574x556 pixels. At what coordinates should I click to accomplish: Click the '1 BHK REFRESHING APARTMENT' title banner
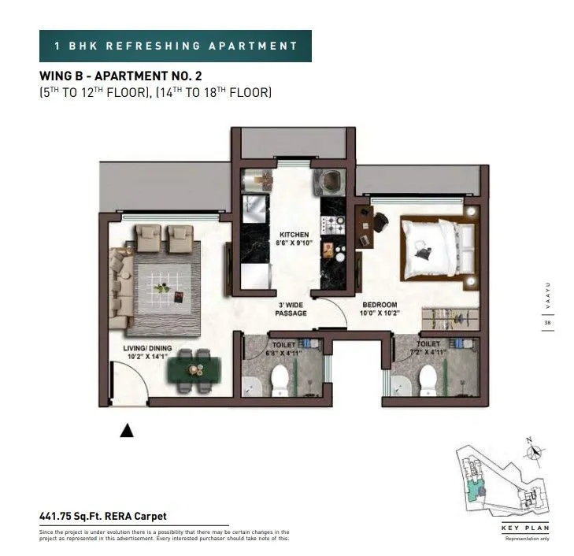[176, 46]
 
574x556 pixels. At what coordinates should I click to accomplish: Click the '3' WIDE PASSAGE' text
[291, 309]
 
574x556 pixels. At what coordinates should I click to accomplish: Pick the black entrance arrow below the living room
[126, 430]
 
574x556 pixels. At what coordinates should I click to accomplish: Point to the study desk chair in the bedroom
[380, 223]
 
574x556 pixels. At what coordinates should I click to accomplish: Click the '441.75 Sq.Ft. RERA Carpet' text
[103, 517]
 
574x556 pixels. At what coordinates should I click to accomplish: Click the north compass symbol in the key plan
[536, 452]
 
